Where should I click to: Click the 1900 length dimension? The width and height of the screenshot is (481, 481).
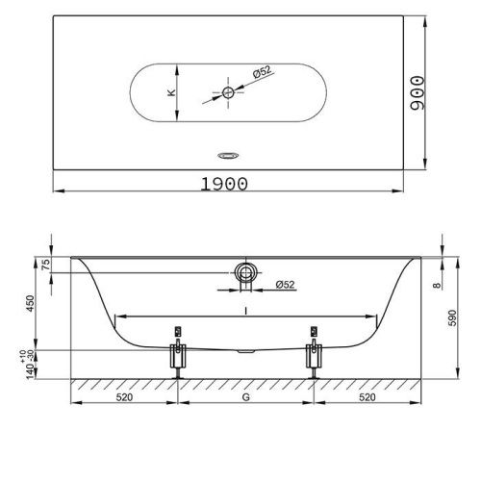click(x=224, y=184)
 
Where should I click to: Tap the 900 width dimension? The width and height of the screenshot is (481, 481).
click(x=418, y=93)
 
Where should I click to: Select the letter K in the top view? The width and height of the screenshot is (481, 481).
click(x=171, y=92)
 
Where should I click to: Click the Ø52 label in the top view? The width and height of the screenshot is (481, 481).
click(x=263, y=72)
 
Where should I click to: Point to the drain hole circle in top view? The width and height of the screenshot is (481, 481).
click(x=228, y=92)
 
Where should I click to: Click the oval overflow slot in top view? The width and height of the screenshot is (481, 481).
click(x=228, y=156)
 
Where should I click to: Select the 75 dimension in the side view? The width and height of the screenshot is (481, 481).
click(x=46, y=265)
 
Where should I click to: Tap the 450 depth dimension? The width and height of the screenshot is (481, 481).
click(x=30, y=303)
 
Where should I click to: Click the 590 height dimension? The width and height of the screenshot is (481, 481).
click(x=452, y=317)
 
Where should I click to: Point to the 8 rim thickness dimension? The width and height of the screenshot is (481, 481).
click(x=437, y=285)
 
